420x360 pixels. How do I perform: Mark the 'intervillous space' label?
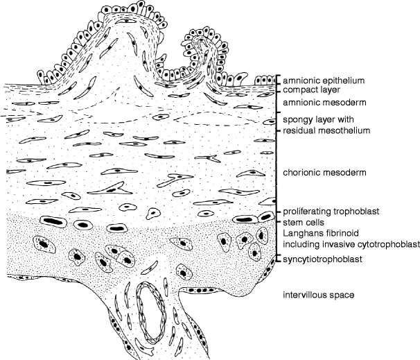320,295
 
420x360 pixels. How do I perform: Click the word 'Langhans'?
300,234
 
